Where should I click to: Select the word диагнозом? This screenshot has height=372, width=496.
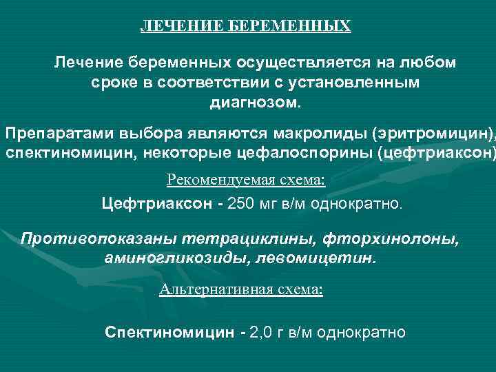[x=255, y=102]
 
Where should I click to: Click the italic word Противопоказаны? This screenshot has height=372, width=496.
[x=96, y=238]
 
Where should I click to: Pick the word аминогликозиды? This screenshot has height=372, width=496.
[x=165, y=258]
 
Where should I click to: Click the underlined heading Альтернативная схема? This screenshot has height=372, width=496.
[x=240, y=289]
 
